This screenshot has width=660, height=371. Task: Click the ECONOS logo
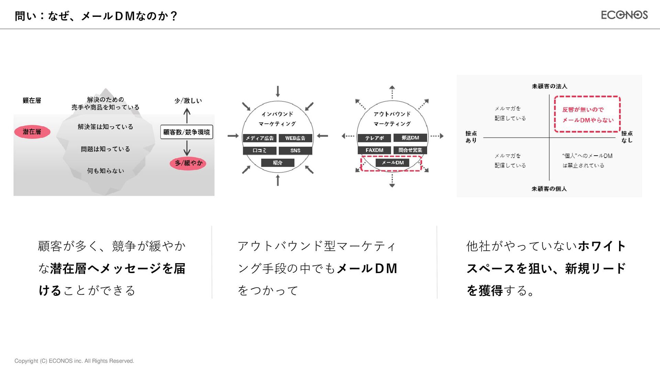point(624,15)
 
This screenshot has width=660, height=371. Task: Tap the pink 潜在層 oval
point(32,132)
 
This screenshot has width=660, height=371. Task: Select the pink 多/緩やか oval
point(188,163)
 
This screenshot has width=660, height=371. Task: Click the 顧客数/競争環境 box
point(187,132)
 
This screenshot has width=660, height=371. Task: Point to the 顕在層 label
point(32,101)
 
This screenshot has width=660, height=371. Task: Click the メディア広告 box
point(260,138)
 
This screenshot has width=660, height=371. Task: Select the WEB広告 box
point(295,138)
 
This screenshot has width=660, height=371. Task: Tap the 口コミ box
point(260,150)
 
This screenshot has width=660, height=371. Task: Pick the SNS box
point(295,150)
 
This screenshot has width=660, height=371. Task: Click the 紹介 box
point(278,163)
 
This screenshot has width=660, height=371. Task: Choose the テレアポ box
point(374,138)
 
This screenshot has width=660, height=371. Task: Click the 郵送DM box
point(410,138)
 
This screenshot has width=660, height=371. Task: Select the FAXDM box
point(374,150)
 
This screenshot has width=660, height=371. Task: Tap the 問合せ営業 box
point(410,150)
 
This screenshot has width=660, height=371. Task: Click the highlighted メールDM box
point(393,162)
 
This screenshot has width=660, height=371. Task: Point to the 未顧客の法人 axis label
point(549,86)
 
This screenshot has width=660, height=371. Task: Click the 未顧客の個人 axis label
point(549,189)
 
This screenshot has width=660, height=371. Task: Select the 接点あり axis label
point(471,137)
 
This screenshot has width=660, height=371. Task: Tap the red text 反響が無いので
point(583,110)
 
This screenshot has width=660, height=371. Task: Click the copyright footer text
point(74,361)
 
